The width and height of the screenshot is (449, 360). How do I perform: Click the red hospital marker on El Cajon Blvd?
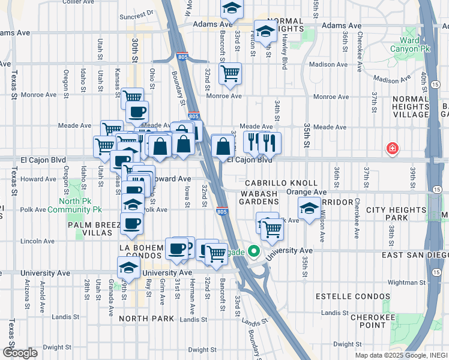pyautogui.click(x=393, y=148)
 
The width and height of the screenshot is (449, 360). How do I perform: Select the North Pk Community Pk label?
pyautogui.click(x=80, y=205)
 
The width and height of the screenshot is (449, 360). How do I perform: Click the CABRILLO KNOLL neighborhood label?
pyautogui.click(x=281, y=182)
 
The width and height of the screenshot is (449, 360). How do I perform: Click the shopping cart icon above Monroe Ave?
pyautogui.click(x=230, y=74)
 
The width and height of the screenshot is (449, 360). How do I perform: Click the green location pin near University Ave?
pyautogui.click(x=253, y=252)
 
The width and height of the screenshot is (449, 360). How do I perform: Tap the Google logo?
pyautogui.click(x=20, y=352)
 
